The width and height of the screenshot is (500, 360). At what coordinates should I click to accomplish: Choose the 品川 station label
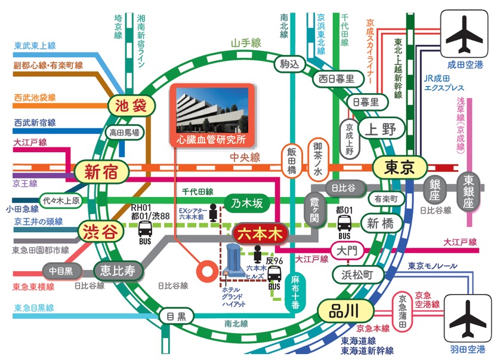[345, 310]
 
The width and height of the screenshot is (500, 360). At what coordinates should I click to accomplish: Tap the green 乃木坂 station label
[246, 203]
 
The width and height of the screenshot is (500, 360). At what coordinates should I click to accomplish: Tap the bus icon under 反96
[274, 275]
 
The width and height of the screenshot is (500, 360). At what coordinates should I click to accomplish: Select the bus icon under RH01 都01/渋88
[146, 228]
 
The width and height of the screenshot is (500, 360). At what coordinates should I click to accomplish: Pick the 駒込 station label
[291, 64]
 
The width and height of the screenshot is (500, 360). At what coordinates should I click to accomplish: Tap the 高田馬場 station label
[125, 133]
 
